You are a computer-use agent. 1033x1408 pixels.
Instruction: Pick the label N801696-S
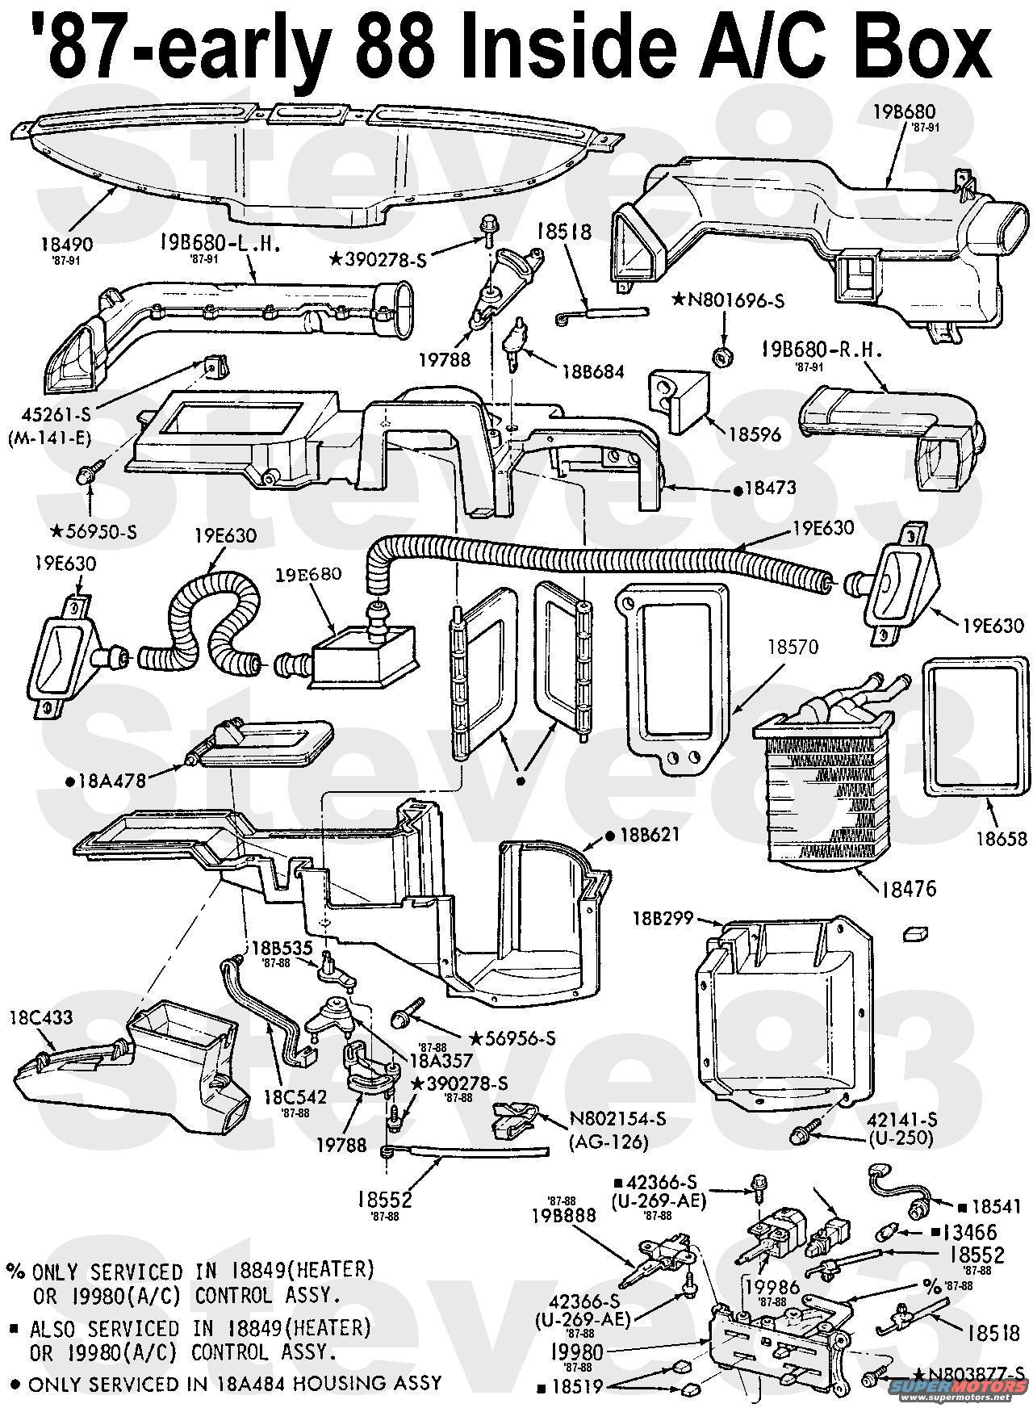[x=726, y=301]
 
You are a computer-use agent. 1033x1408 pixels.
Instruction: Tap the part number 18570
[x=793, y=647]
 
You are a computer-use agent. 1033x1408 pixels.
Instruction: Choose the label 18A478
[x=106, y=782]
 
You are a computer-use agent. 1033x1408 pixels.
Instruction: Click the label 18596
[x=754, y=434]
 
